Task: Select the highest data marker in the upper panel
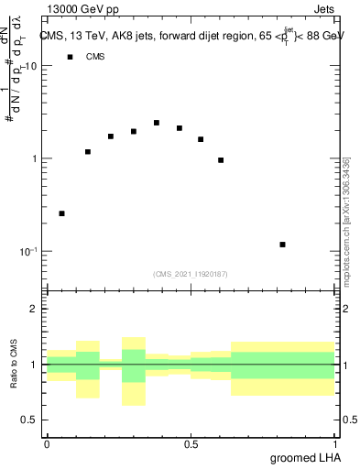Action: (157, 123)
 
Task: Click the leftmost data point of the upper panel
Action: (61, 213)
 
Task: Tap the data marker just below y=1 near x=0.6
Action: (221, 160)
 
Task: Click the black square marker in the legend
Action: (69, 57)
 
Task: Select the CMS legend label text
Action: (95, 57)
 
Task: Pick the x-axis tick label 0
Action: (47, 444)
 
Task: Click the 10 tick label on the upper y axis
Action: (30, 66)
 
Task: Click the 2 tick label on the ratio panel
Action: (35, 310)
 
